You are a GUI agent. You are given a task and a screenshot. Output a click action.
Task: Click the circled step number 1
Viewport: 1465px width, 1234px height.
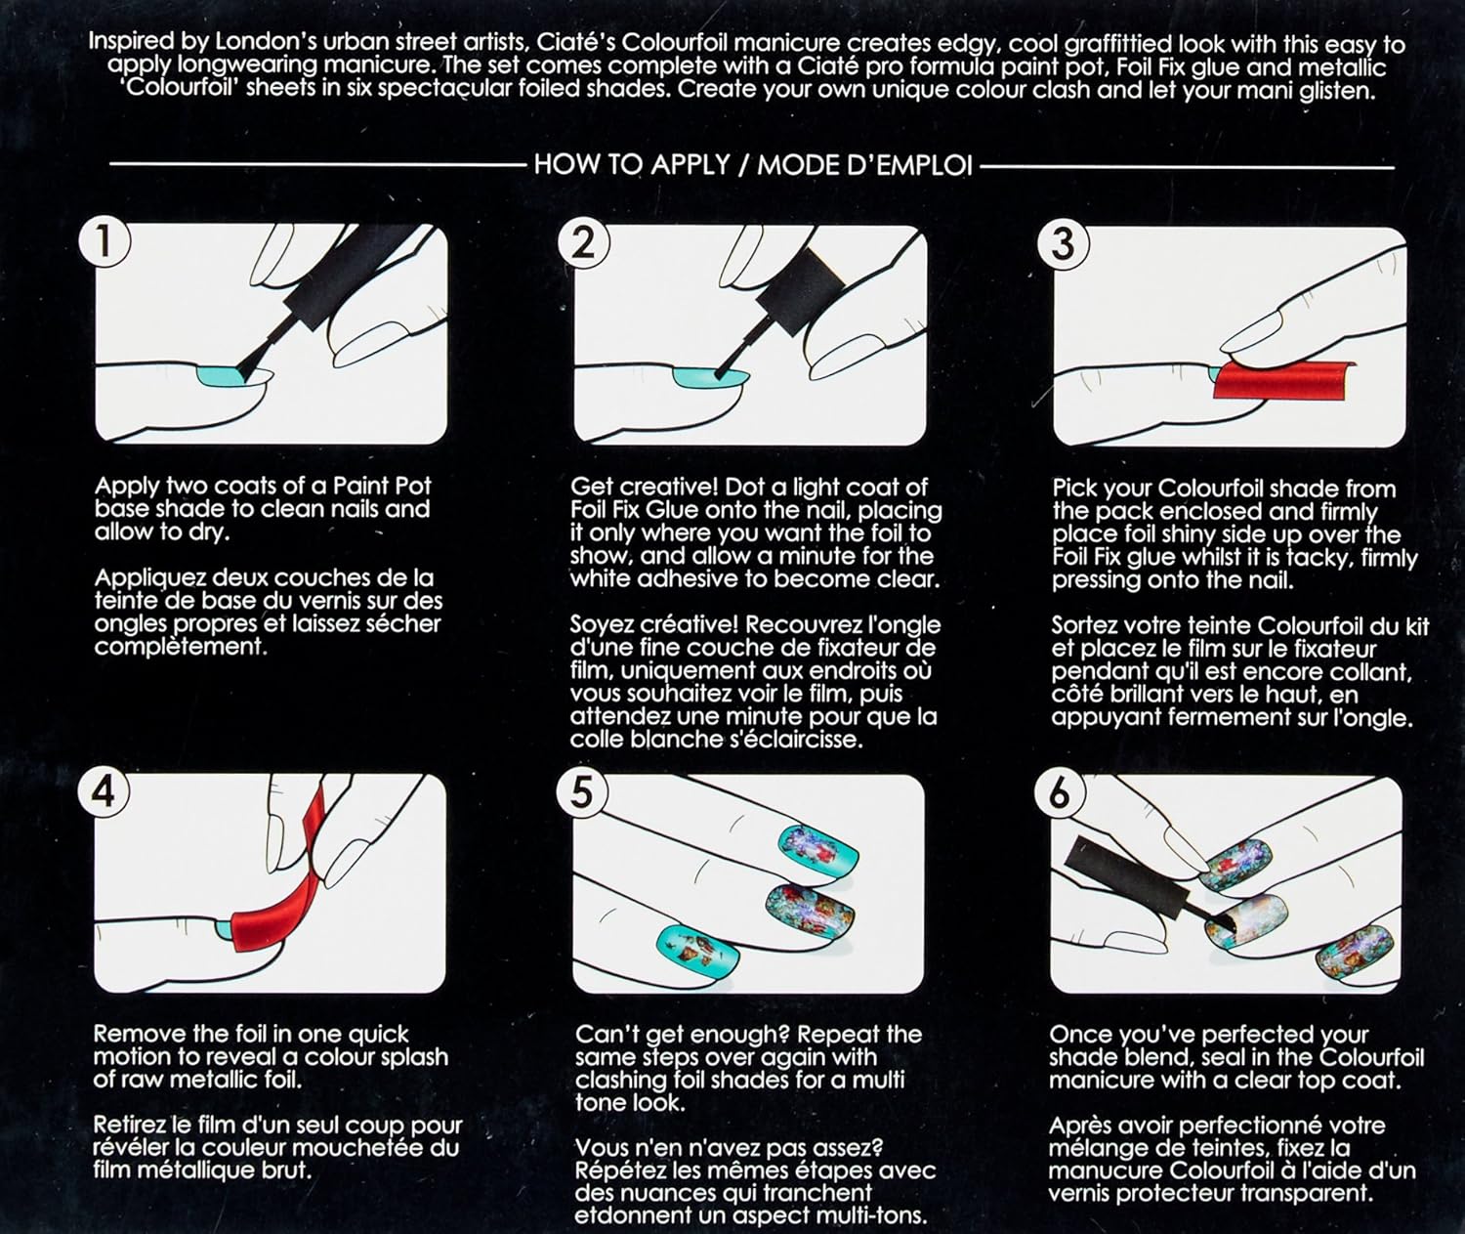[104, 241]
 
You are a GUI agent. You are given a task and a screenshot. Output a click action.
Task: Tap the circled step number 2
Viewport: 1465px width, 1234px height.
[584, 243]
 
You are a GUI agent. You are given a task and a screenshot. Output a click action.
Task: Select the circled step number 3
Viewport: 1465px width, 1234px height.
[1063, 244]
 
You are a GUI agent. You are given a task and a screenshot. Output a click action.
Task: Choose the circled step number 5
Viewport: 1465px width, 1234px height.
[582, 793]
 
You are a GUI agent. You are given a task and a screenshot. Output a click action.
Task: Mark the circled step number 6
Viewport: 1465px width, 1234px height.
[1060, 794]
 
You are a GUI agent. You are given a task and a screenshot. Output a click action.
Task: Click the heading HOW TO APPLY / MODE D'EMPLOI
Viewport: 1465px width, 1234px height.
[753, 166]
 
